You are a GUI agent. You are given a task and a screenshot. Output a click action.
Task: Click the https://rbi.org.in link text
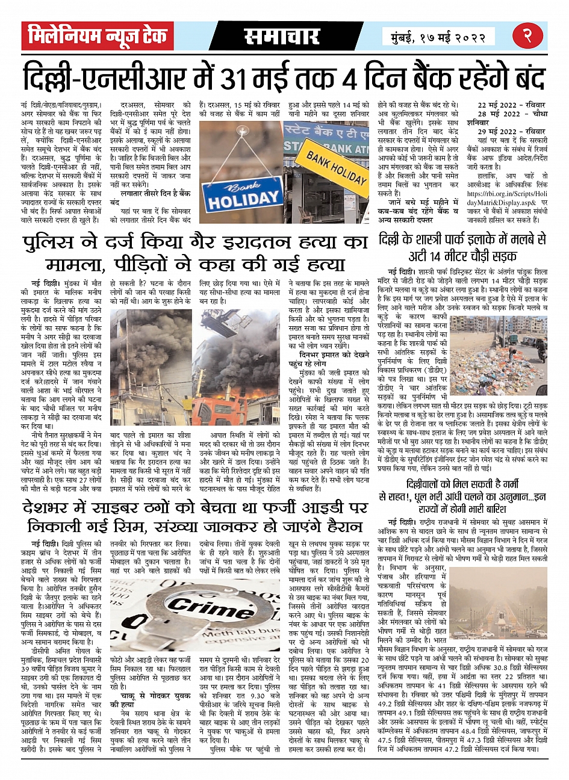pos(506,194)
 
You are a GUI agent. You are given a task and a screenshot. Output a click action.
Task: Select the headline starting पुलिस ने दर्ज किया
pos(196,253)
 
